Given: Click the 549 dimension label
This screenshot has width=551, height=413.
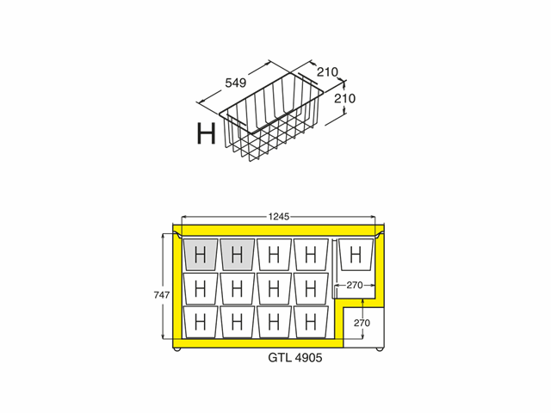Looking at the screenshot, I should [236, 83].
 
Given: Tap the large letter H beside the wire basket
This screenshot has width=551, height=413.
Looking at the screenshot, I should [206, 134].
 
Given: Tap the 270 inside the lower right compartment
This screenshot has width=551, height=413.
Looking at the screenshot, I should [362, 323].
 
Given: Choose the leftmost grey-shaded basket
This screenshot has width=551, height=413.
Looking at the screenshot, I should [201, 255].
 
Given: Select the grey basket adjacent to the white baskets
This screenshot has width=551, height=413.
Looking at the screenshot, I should [237, 255].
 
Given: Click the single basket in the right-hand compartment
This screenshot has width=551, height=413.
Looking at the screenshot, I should [356, 254].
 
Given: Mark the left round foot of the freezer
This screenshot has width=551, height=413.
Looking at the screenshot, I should [178, 349].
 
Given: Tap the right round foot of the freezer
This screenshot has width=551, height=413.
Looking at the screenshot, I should [380, 349].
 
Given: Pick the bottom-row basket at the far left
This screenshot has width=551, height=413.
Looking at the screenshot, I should [201, 321].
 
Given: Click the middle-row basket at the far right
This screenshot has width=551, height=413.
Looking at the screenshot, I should [311, 287].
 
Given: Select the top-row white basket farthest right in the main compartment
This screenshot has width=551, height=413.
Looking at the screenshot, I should [311, 255].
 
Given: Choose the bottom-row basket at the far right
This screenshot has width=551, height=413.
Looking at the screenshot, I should [311, 321].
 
